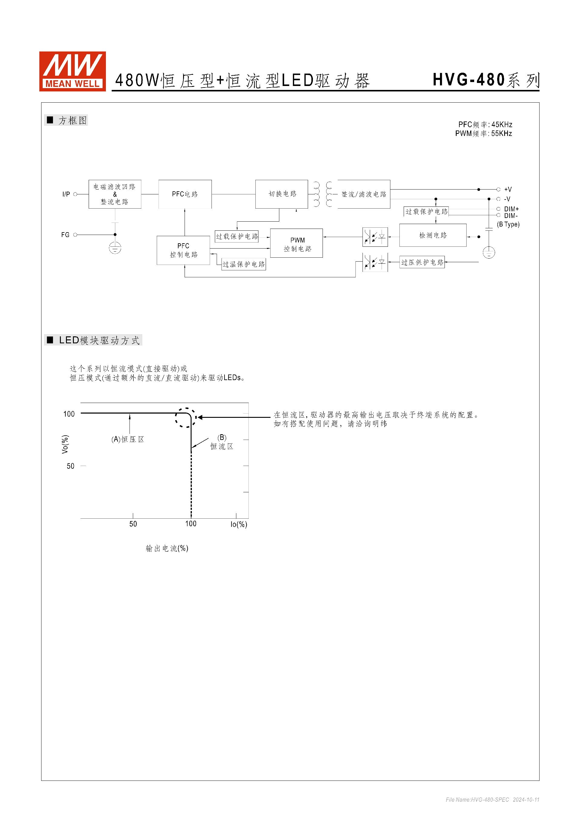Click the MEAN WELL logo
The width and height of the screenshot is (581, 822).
click(x=72, y=71)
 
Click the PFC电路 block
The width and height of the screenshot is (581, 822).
click(x=185, y=194)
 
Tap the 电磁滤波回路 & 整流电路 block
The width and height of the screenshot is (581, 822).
click(x=115, y=194)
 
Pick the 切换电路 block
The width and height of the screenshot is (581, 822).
click(x=281, y=194)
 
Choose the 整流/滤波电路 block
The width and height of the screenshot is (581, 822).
click(x=363, y=194)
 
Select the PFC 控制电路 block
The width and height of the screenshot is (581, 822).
click(x=183, y=250)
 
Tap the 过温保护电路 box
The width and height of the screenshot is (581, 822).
click(x=244, y=264)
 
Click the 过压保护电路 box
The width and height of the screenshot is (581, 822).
click(x=422, y=262)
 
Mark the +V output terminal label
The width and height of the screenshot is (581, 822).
click(x=508, y=190)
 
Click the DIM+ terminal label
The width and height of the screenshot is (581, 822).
click(x=511, y=209)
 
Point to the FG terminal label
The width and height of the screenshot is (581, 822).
click(x=65, y=235)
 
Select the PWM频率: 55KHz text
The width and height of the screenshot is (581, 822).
click(x=483, y=134)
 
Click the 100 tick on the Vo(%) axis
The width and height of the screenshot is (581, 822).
click(x=69, y=414)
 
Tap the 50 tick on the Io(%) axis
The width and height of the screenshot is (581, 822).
click(x=133, y=524)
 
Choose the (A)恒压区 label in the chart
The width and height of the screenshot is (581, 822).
click(x=127, y=439)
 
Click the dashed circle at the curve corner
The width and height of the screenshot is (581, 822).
click(x=185, y=418)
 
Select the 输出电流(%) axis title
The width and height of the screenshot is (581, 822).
click(x=167, y=549)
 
